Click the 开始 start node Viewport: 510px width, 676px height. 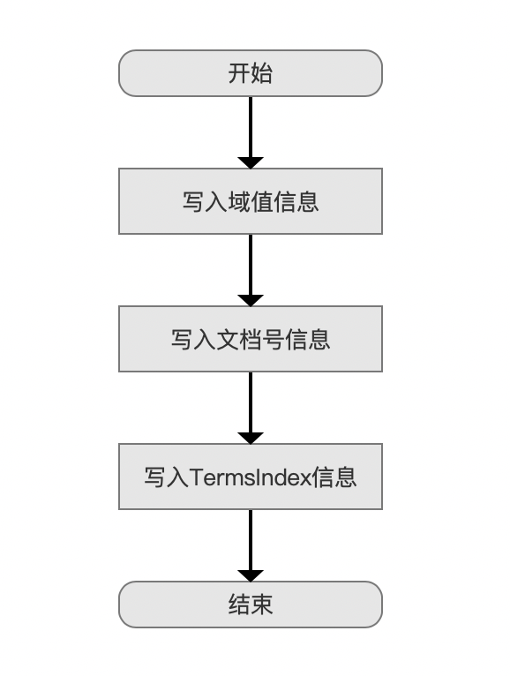point(251,73)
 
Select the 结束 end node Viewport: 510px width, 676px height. point(251,605)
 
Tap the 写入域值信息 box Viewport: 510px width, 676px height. point(251,201)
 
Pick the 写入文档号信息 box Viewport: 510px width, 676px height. point(251,339)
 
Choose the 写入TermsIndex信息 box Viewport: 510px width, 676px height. point(251,477)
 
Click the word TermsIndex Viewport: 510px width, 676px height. point(251,477)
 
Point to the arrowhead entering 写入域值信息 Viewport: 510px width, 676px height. point(251,163)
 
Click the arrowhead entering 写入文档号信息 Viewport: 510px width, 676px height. point(251,300)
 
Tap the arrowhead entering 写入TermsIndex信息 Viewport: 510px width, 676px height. point(251,438)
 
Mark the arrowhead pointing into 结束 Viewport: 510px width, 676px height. point(251,575)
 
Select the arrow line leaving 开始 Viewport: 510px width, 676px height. point(251,132)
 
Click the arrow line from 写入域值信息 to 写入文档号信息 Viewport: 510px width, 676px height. point(251,270)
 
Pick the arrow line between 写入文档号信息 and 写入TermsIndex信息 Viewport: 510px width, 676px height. point(251,408)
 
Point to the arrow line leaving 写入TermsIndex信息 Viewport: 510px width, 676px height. point(251,545)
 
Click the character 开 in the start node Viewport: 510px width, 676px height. point(239,73)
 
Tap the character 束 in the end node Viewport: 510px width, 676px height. point(262,605)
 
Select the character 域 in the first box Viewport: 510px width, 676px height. point(239,202)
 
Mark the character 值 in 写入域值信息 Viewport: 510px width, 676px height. point(262,202)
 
